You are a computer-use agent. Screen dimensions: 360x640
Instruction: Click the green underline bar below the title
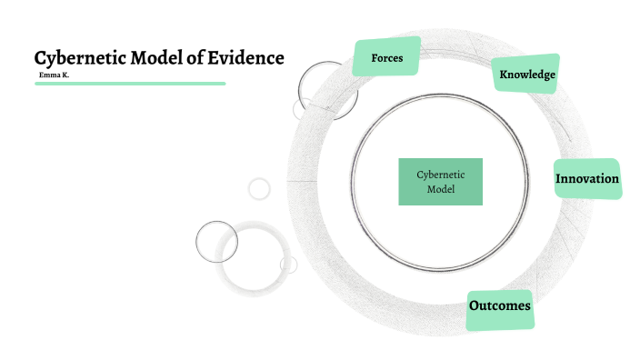click(130, 83)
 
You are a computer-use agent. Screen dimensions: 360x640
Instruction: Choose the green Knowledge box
click(526, 74)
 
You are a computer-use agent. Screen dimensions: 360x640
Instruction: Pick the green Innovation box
click(587, 179)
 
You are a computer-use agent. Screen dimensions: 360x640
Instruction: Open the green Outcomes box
click(499, 306)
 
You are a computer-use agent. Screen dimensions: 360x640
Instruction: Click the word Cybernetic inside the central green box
click(441, 174)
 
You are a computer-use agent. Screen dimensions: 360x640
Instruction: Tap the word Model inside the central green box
click(441, 189)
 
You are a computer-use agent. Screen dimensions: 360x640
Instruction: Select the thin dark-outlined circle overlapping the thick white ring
click(216, 241)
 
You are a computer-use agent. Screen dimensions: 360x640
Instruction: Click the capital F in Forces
click(375, 59)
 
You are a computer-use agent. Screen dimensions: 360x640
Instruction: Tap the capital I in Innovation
click(558, 179)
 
